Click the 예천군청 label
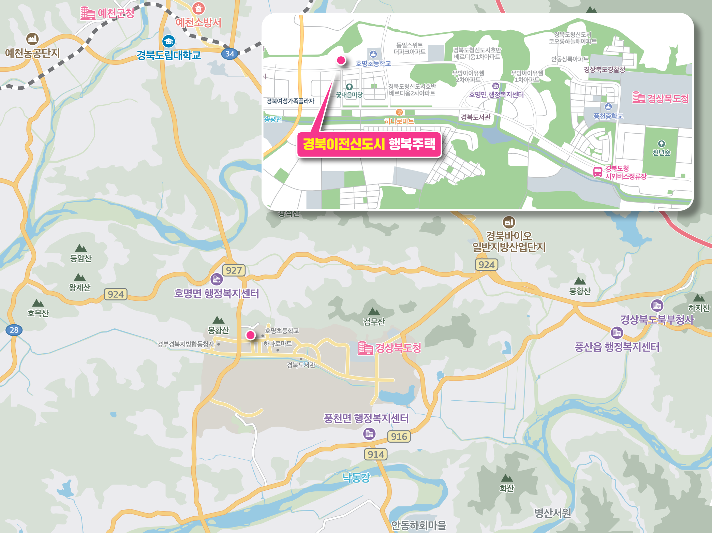(116, 13)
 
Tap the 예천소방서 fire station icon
(198, 8)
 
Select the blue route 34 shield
(229, 54)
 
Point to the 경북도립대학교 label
(169, 55)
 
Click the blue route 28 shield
(14, 330)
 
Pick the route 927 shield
(234, 270)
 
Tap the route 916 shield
(399, 436)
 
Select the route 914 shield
(376, 454)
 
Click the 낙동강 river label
(356, 477)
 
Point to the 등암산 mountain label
(81, 258)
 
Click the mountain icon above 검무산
(374, 311)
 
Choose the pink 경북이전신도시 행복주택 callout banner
(369, 144)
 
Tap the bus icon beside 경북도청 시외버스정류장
(597, 172)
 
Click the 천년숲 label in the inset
(661, 153)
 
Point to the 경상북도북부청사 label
(657, 320)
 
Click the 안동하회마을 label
(418, 525)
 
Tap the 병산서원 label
(552, 513)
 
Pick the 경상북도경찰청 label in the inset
(604, 70)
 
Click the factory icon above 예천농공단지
(32, 39)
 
